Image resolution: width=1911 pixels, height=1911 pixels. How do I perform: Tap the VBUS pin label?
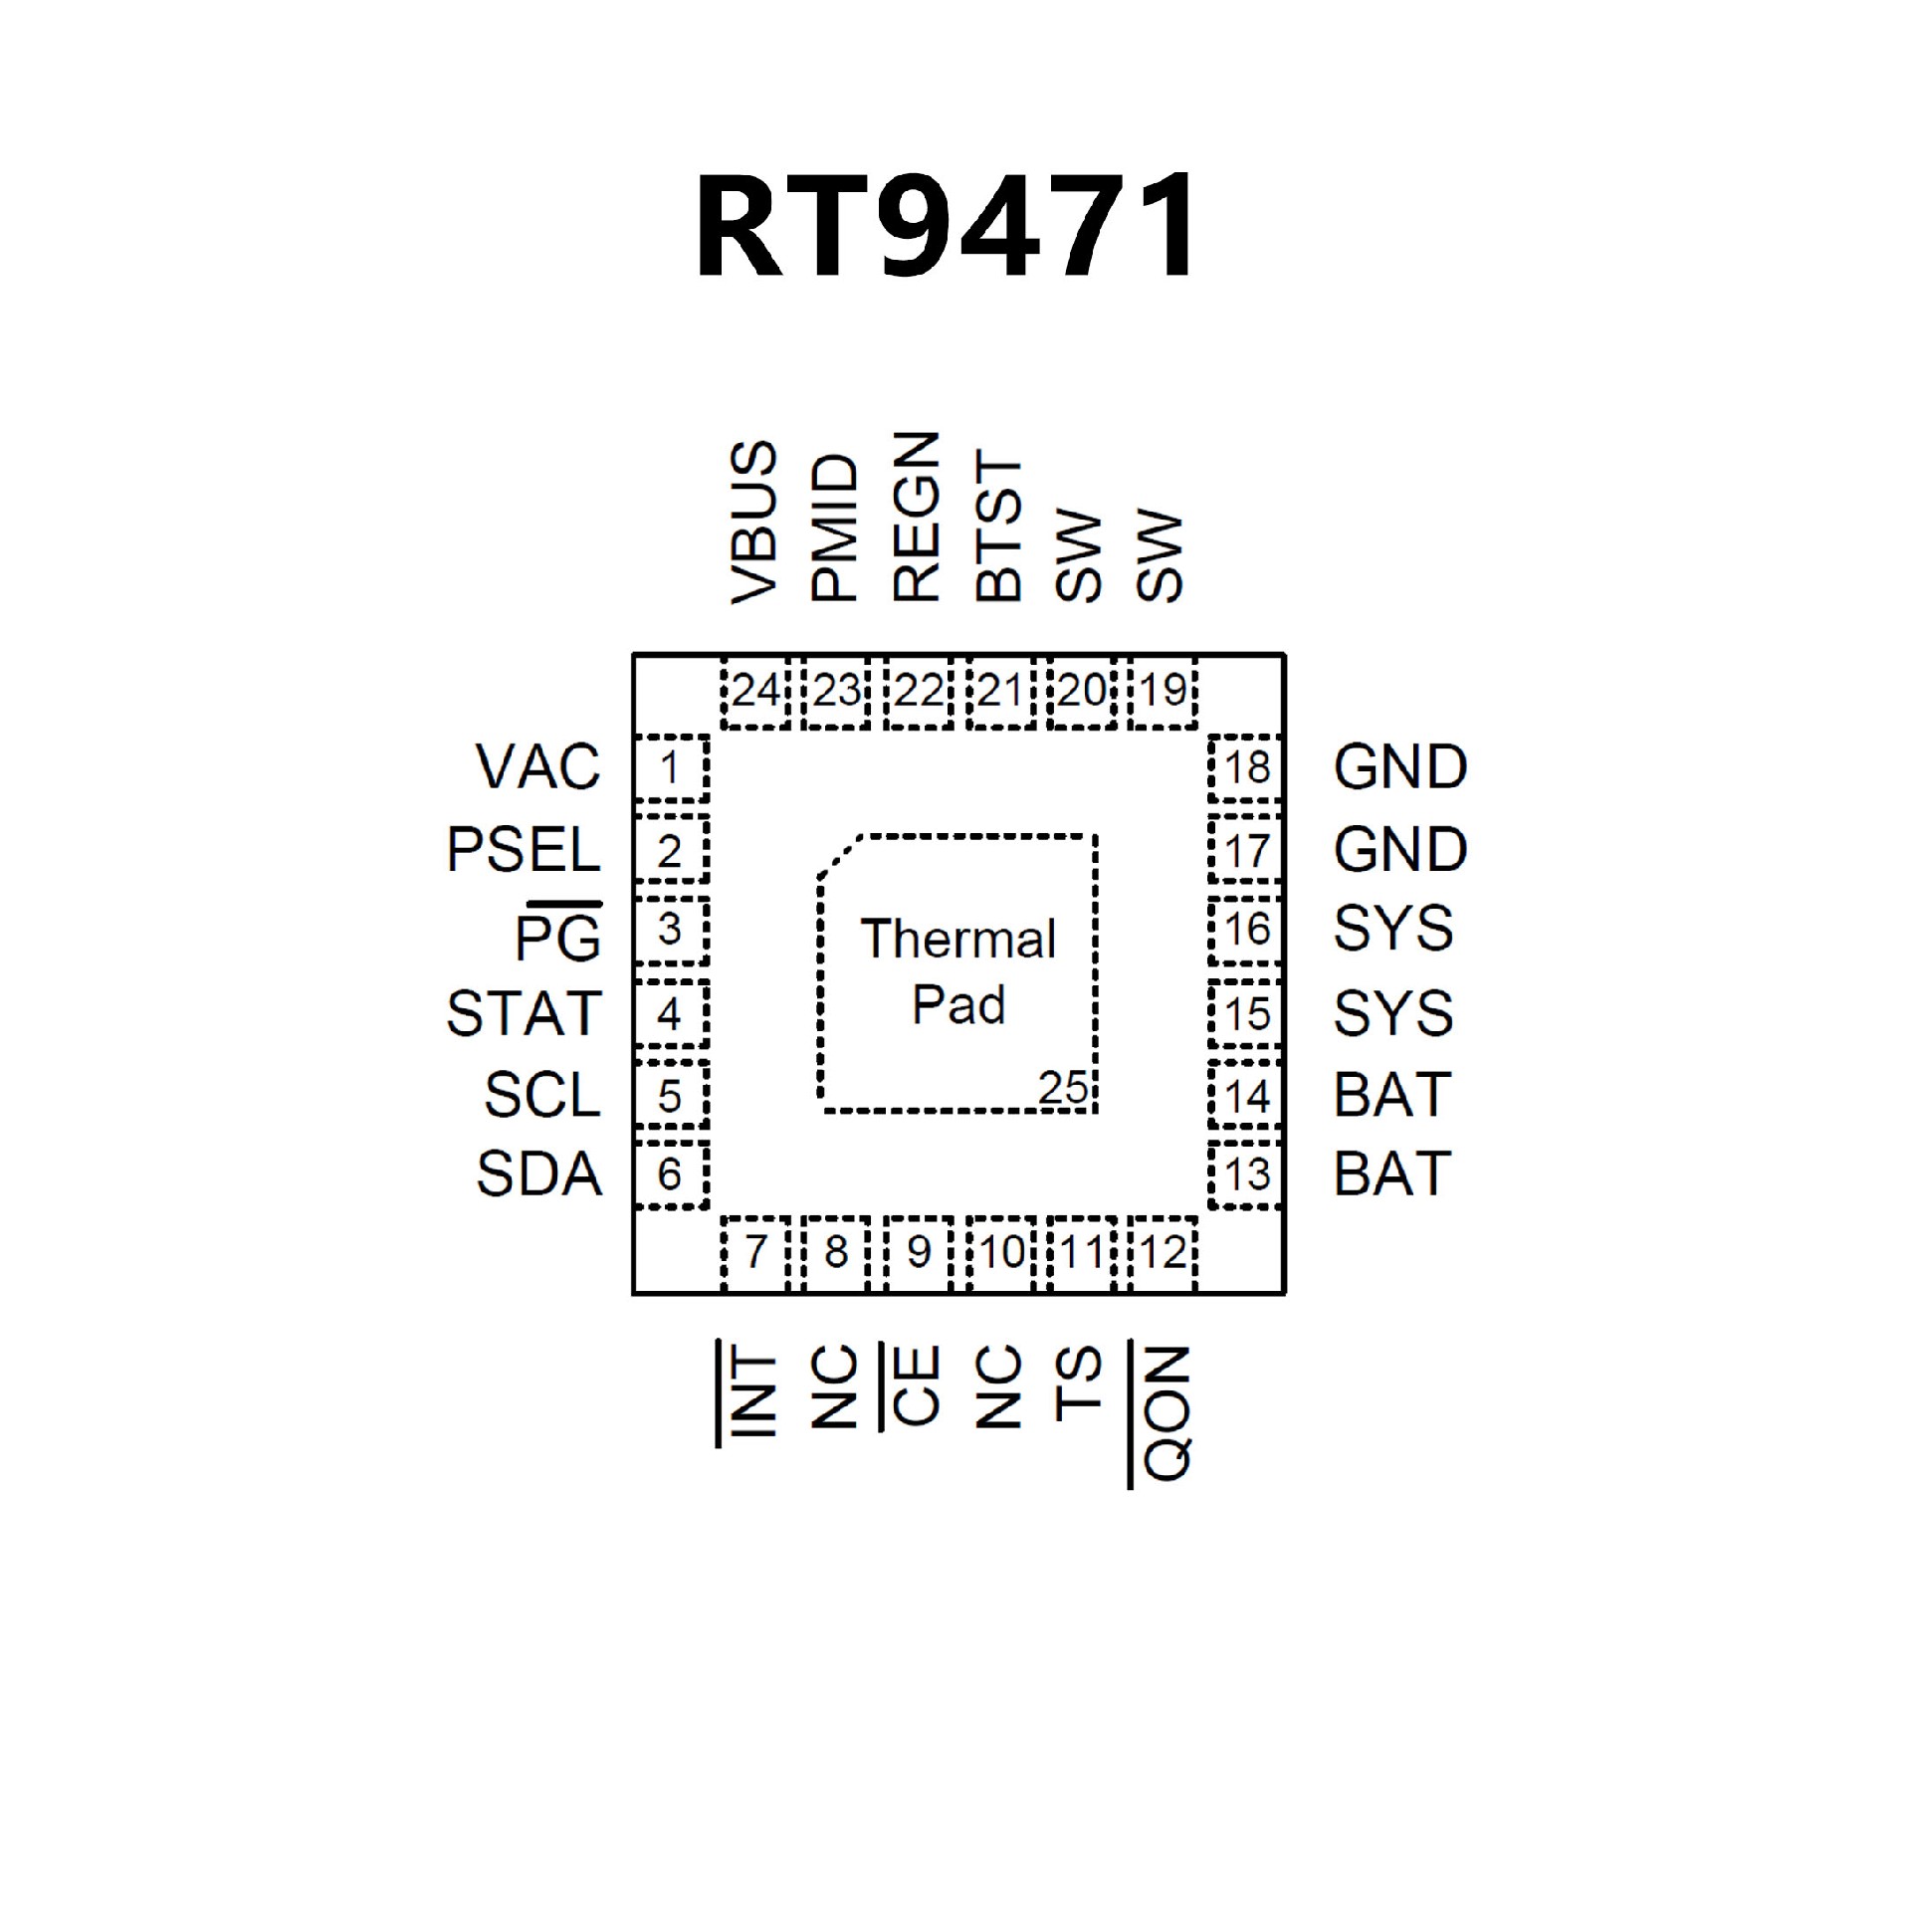click(x=753, y=523)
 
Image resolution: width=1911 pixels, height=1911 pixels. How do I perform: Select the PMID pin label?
click(x=834, y=529)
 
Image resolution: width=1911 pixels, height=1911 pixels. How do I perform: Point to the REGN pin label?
click(x=916, y=518)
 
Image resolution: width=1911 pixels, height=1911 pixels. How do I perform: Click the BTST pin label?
click(x=998, y=526)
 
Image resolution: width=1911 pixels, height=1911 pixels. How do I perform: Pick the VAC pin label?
click(x=538, y=767)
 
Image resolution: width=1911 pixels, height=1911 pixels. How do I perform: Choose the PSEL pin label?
click(x=524, y=850)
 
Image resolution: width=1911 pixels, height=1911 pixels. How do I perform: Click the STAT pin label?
click(x=524, y=1013)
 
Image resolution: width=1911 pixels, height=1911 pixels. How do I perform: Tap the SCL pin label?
click(x=542, y=1095)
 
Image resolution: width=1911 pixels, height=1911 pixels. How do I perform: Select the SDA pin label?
click(x=538, y=1174)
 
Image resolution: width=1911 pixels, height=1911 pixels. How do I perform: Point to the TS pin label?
click(x=1080, y=1382)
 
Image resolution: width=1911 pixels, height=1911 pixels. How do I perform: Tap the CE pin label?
click(x=916, y=1385)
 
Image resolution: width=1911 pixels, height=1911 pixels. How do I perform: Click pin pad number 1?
click(x=670, y=768)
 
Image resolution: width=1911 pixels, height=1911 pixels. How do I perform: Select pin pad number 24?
click(x=754, y=691)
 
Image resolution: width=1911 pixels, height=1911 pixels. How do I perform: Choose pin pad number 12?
click(x=1163, y=1252)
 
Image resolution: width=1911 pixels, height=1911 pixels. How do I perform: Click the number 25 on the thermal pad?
click(x=1062, y=1088)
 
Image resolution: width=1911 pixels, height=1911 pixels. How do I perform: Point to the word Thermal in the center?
click(x=957, y=940)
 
